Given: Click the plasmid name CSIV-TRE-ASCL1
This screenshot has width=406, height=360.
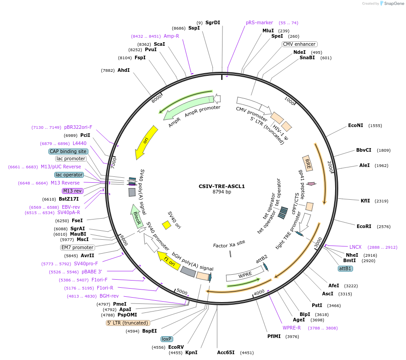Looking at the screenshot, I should click(x=222, y=186).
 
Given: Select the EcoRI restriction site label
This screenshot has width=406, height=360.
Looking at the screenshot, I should click(x=364, y=227).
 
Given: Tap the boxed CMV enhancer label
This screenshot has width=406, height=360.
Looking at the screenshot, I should click(x=300, y=44).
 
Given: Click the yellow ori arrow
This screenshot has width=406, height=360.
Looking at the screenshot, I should click(x=147, y=141).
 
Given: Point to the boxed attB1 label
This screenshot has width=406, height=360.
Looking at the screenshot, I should click(x=345, y=268).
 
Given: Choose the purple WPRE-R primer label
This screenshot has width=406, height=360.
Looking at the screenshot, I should click(x=292, y=328).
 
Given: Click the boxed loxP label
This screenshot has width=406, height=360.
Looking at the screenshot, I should click(x=167, y=339).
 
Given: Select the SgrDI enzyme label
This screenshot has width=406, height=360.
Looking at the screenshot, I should click(x=213, y=22).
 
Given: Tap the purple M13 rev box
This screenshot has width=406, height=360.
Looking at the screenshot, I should click(x=72, y=191).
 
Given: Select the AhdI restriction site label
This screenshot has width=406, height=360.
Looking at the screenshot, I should click(x=123, y=70).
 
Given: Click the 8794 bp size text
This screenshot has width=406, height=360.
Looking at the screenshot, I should click(x=222, y=192).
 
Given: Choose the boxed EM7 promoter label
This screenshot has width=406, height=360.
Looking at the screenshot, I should click(x=78, y=247).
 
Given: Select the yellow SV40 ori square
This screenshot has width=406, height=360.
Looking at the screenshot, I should click(x=166, y=225).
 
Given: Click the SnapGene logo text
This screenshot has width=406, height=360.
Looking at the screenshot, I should click(x=393, y=4).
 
